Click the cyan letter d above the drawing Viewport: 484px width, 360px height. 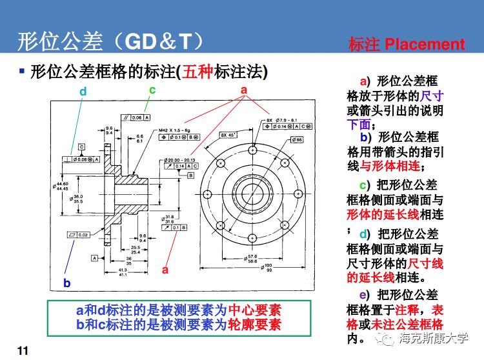[x=83, y=92]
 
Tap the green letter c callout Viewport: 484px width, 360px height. [x=152, y=90]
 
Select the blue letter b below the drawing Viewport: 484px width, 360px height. [x=66, y=283]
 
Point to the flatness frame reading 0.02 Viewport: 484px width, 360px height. [x=77, y=235]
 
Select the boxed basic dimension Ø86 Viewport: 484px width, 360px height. [x=297, y=139]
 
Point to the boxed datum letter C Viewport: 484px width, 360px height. [x=82, y=146]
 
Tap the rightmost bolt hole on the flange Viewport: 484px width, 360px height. [x=299, y=193]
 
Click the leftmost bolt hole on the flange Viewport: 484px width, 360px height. [x=206, y=193]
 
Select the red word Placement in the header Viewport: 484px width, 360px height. [x=425, y=44]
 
